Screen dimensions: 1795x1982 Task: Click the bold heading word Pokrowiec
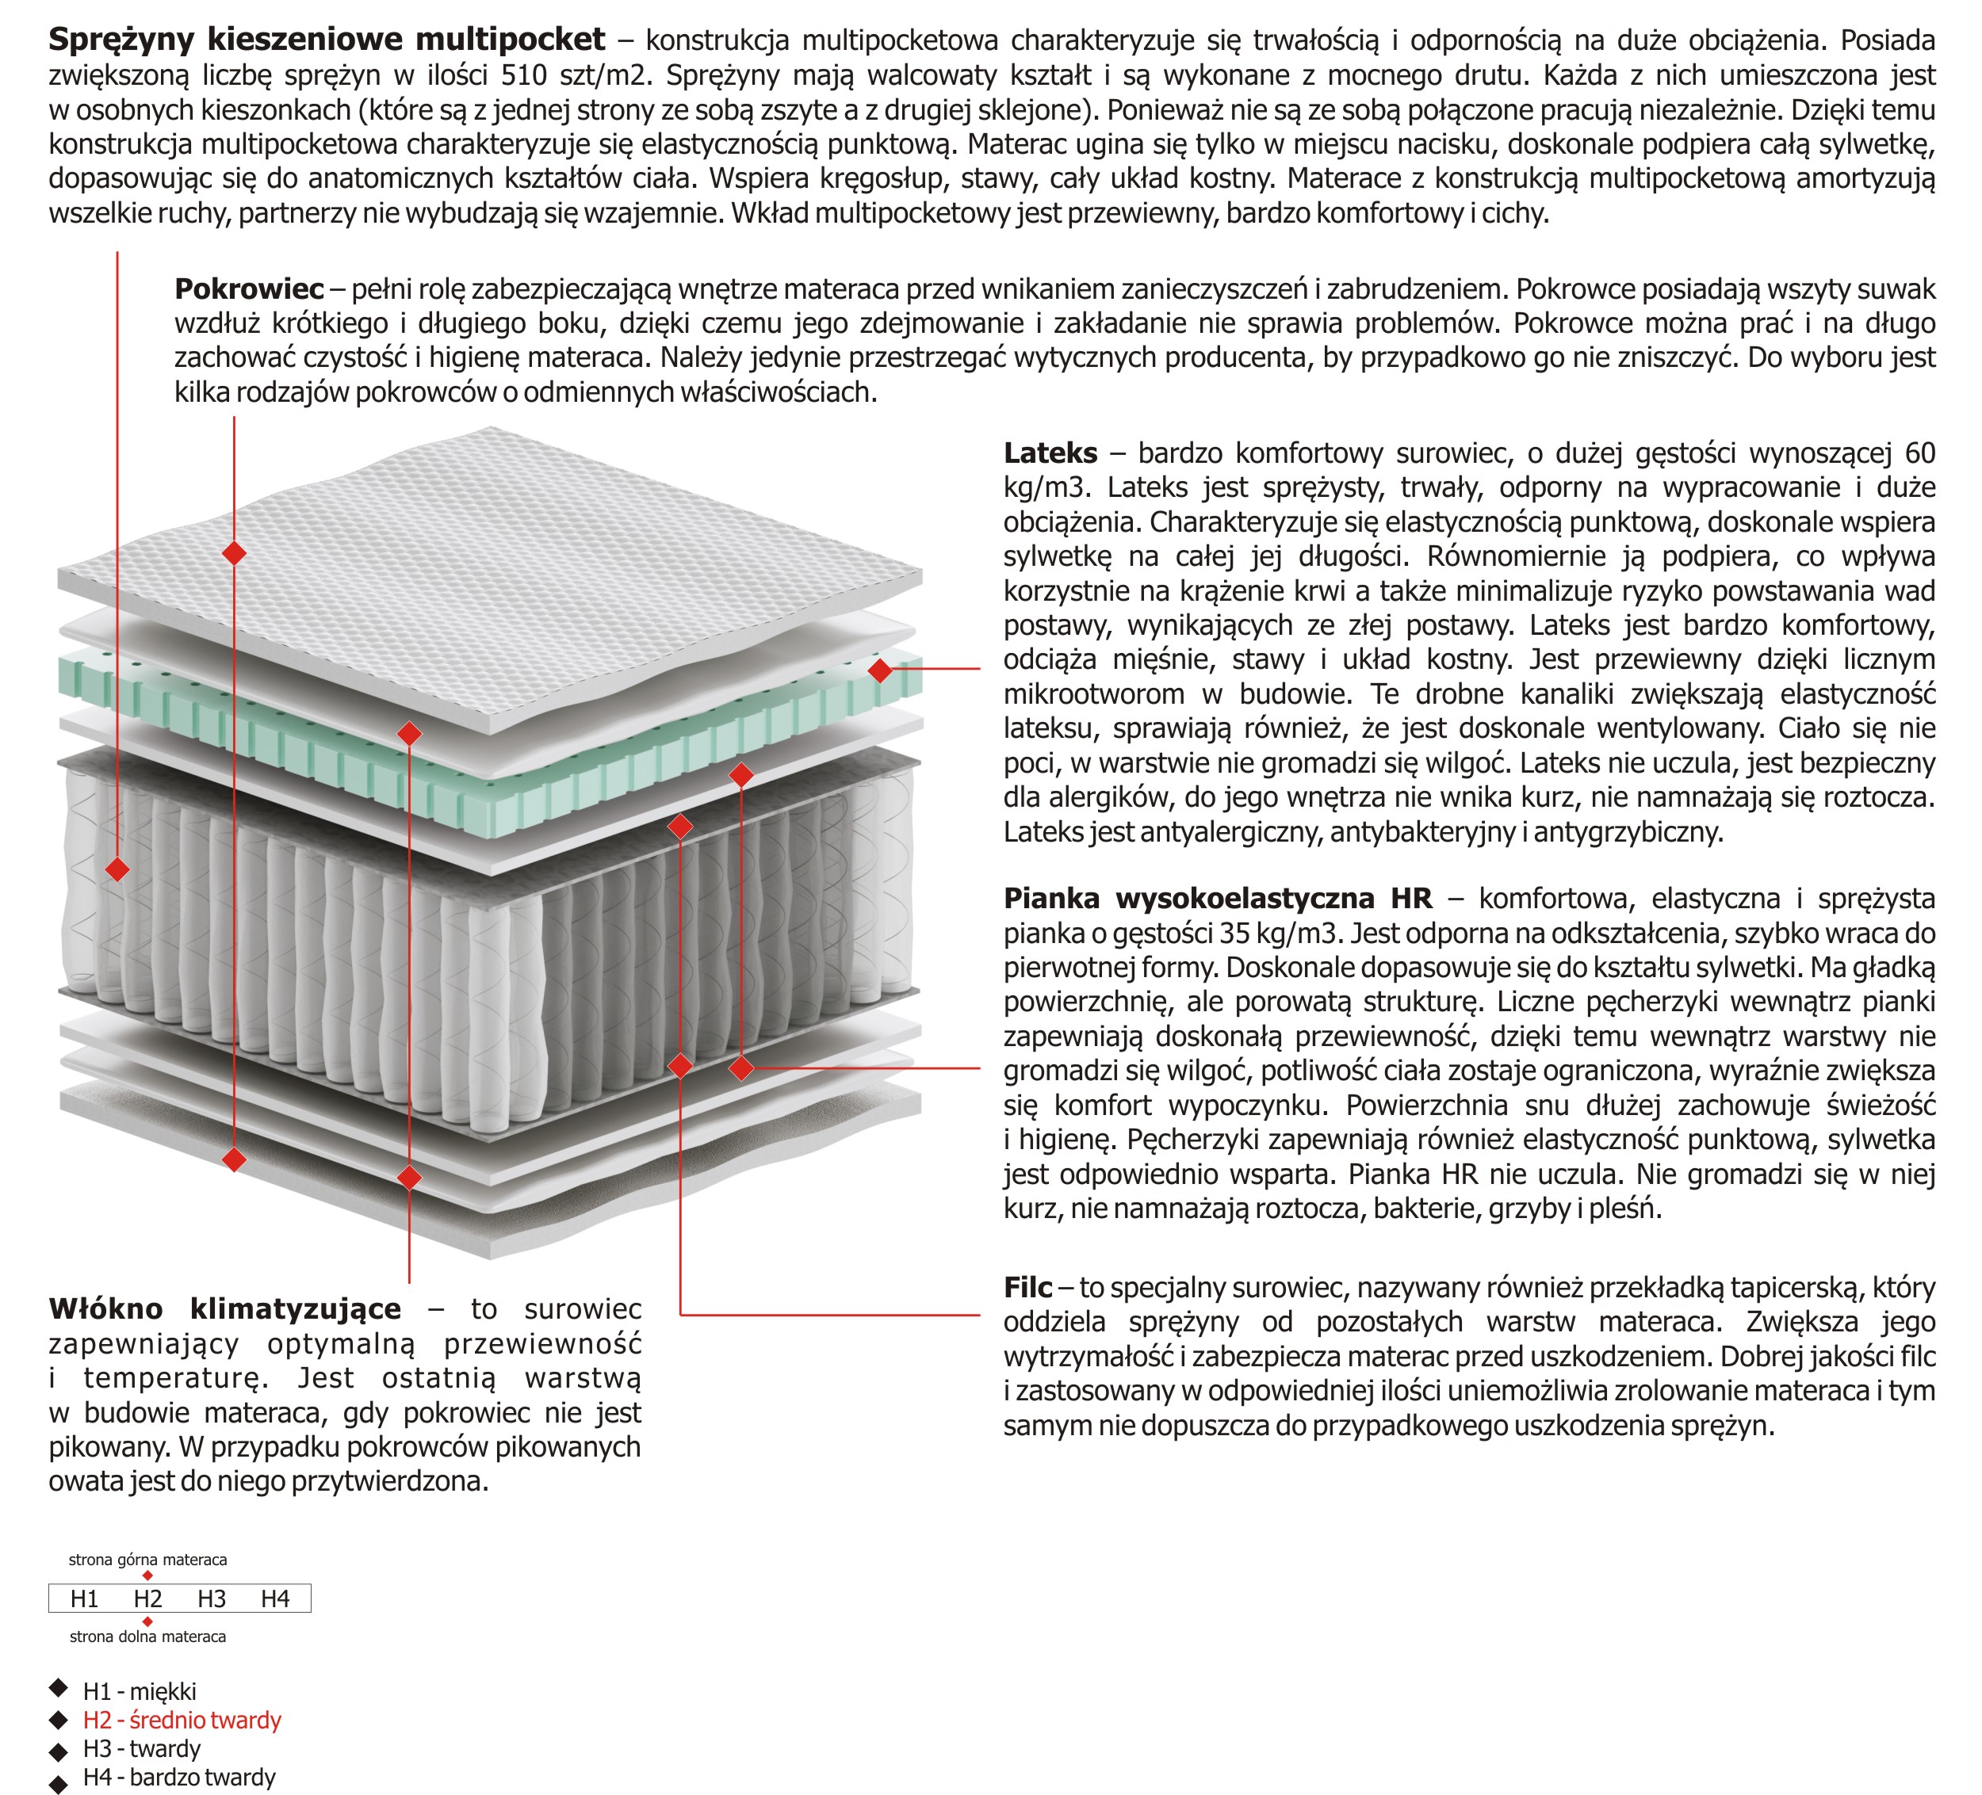[249, 289]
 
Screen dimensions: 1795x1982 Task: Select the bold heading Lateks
[1050, 453]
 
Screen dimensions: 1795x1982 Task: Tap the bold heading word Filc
[1027, 1287]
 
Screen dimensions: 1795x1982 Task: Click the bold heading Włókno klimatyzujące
[225, 1309]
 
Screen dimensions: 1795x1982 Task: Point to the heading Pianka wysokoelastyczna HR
[1217, 899]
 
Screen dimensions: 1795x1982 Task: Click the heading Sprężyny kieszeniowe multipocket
[327, 40]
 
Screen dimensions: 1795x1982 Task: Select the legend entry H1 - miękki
[140, 1692]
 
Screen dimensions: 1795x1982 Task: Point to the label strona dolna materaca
[147, 1637]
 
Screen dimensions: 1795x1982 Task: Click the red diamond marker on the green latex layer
[881, 670]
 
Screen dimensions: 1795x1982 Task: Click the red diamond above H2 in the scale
[147, 1575]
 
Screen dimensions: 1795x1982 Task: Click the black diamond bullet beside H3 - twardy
[59, 1751]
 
